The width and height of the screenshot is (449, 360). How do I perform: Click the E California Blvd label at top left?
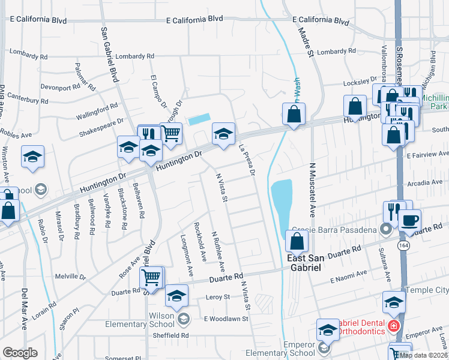(37, 20)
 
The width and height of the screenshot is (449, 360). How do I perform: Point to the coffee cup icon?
(409, 220)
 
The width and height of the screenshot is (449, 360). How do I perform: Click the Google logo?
(20, 353)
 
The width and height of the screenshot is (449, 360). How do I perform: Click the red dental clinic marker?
(394, 326)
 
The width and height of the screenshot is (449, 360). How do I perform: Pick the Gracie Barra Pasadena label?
(334, 230)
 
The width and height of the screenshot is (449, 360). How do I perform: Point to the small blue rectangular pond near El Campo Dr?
(199, 119)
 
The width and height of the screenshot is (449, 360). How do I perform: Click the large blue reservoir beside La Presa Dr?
(282, 201)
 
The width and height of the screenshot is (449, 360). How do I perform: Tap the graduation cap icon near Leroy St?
(176, 296)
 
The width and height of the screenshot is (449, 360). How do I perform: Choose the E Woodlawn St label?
(226, 319)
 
